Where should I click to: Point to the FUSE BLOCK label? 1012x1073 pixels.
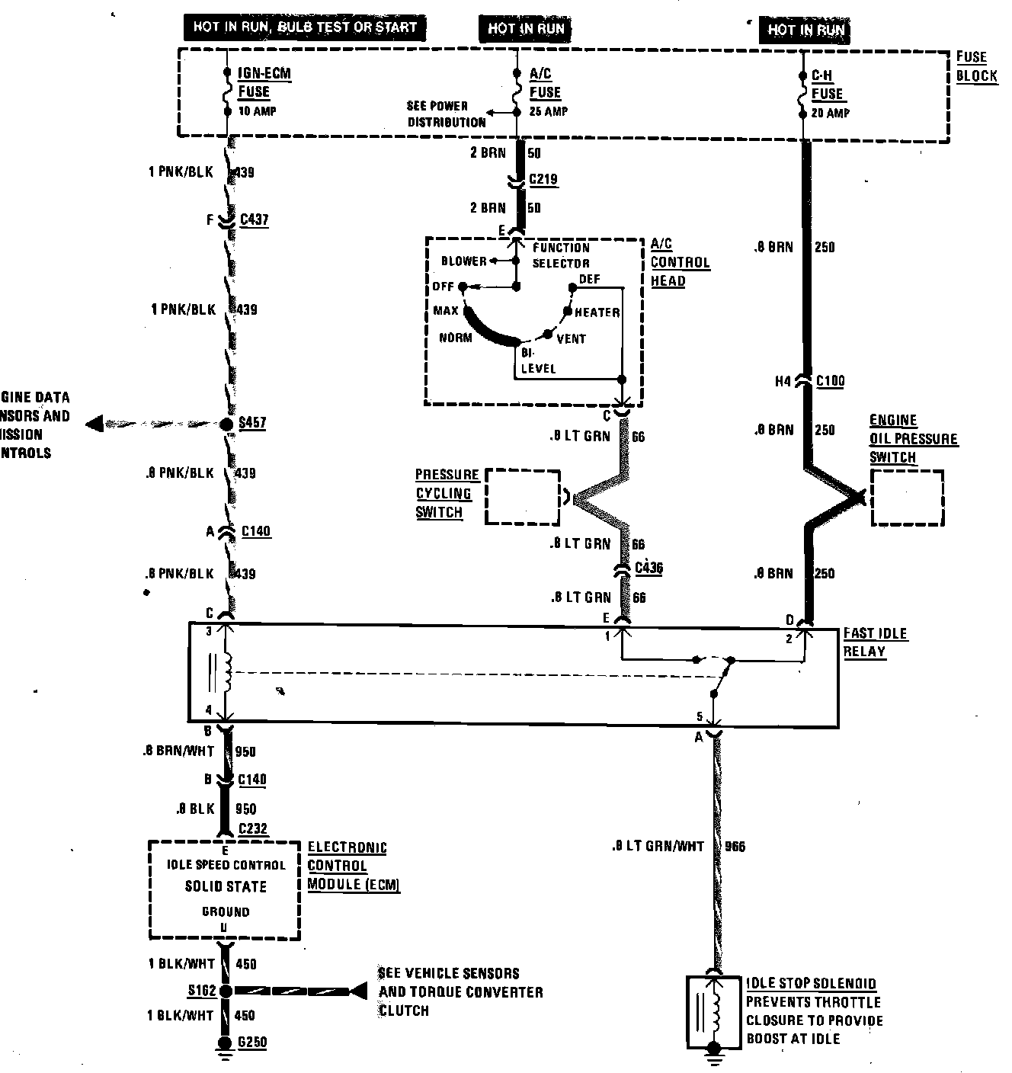[x=976, y=66]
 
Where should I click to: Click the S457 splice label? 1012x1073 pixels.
[x=252, y=423]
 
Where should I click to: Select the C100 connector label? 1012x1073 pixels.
[x=830, y=381]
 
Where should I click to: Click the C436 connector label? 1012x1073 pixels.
[x=648, y=568]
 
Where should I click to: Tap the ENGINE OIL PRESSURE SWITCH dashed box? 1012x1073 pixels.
[x=907, y=497]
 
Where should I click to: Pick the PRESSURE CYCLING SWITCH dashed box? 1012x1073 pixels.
[x=522, y=496]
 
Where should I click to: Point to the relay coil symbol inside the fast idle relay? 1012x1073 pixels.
[x=226, y=672]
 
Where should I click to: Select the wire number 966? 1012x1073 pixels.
[x=735, y=846]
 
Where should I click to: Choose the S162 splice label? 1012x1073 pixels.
[x=203, y=991]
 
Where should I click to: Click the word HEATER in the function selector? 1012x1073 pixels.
[x=597, y=312]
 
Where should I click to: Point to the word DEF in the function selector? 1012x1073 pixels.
[x=590, y=279]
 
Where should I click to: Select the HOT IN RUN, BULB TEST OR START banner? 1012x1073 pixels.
[x=304, y=27]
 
